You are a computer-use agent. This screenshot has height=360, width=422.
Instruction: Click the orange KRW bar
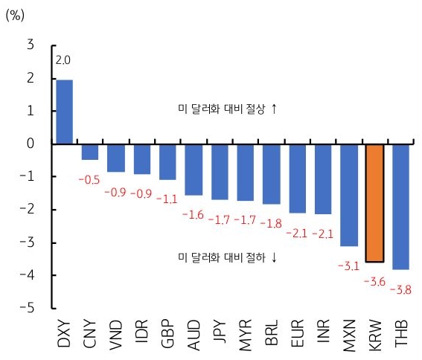(x=375, y=203)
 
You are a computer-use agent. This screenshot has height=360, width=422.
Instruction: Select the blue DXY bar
(x=65, y=112)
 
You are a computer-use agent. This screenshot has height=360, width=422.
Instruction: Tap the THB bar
(x=401, y=207)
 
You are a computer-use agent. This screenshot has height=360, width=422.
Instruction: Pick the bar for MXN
(x=349, y=195)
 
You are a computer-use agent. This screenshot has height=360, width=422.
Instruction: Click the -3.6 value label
(x=374, y=281)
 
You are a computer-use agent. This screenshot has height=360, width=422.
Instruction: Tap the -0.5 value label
(x=91, y=179)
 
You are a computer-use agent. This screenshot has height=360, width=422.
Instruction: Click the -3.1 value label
(x=348, y=266)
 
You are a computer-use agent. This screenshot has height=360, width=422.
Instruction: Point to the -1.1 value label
(x=168, y=199)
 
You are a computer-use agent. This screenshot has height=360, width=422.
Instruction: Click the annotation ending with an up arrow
(x=223, y=109)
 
